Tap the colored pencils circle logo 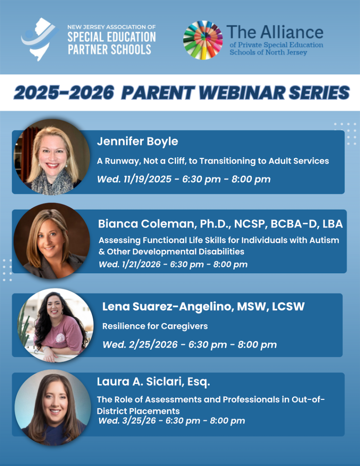click(x=203, y=40)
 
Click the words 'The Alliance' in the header click(x=274, y=32)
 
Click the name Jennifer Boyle click(x=137, y=142)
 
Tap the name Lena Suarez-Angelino click(x=167, y=307)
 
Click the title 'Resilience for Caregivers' click(x=155, y=326)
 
